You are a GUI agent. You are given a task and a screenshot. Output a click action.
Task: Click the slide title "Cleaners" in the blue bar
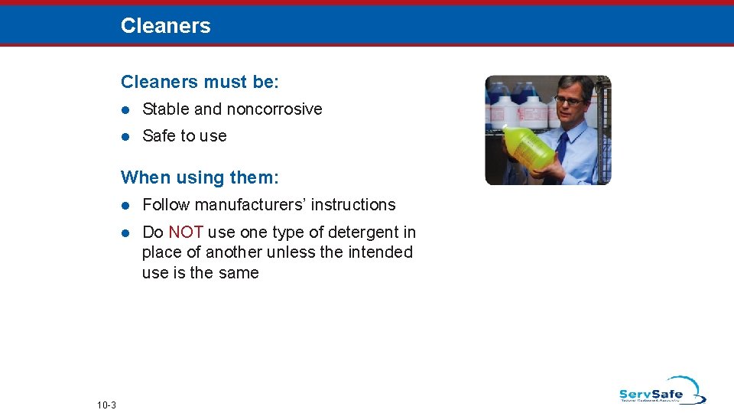point(165,26)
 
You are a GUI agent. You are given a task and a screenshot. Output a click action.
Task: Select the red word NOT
point(185,233)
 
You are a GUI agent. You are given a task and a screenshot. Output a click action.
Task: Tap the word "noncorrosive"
point(274,109)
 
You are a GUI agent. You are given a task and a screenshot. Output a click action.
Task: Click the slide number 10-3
point(106,405)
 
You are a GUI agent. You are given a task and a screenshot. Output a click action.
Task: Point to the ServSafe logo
point(661,391)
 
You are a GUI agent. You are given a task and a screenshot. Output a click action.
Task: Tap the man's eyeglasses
point(570,99)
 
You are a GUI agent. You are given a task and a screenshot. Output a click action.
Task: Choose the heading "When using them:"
point(200,178)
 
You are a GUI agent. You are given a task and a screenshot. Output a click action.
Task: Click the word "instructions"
point(358,205)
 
